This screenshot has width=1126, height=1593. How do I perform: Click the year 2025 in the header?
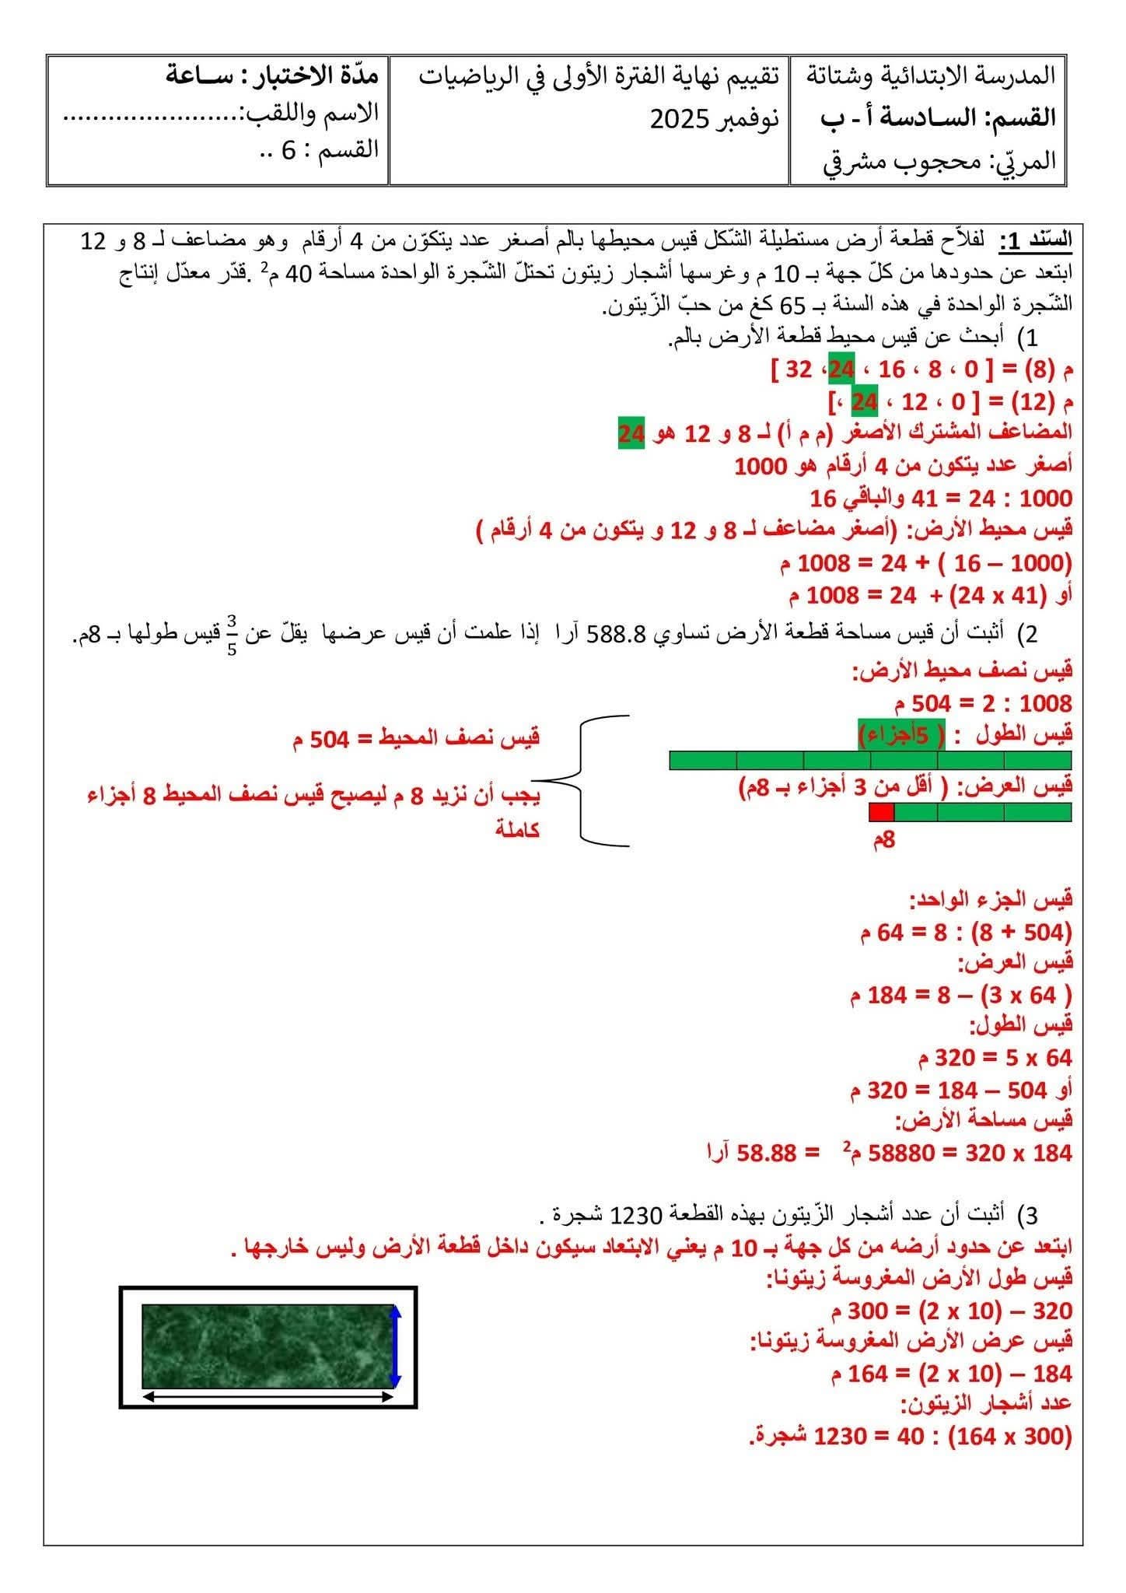pyautogui.click(x=679, y=120)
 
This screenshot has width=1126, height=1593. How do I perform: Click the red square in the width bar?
pyautogui.click(x=882, y=812)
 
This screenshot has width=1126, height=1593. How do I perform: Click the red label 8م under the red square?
pyautogui.click(x=883, y=840)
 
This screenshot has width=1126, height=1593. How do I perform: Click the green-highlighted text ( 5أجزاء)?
pyautogui.click(x=901, y=734)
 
